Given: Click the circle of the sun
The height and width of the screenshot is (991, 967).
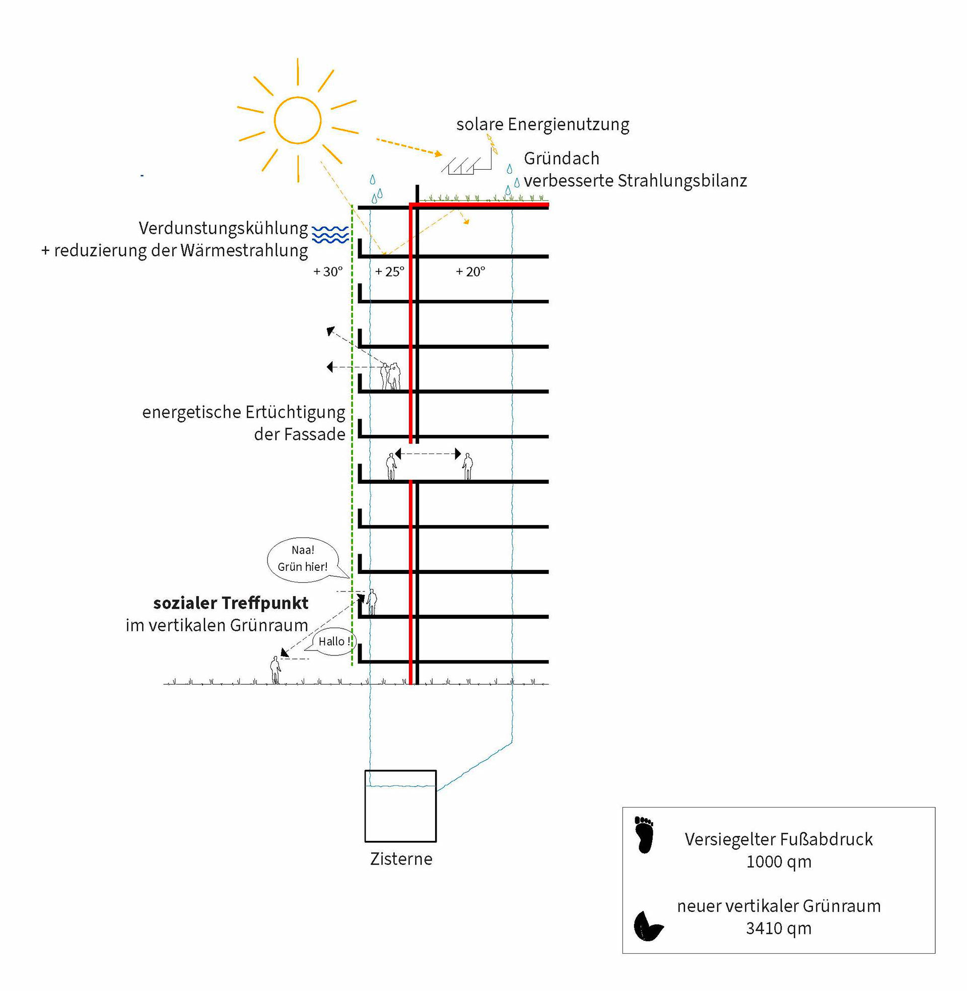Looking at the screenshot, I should coord(298,120).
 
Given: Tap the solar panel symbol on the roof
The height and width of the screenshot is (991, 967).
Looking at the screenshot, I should coord(461,166).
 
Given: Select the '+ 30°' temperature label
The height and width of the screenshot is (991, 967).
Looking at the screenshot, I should coord(328,272).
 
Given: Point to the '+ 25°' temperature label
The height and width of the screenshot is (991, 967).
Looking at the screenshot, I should coord(389,272).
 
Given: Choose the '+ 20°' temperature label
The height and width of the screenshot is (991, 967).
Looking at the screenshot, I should coord(470,272).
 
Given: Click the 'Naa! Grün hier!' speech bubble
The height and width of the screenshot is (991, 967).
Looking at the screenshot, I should coord(302,559).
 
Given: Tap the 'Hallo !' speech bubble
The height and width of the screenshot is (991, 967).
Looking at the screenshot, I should coord(333,641).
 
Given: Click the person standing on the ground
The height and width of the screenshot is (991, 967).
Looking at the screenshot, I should coord(275,670).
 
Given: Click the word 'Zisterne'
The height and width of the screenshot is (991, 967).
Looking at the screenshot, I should coord(401,859).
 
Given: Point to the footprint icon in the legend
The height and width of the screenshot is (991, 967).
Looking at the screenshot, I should coord(645,835).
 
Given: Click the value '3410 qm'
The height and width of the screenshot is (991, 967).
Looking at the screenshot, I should coord(779,928).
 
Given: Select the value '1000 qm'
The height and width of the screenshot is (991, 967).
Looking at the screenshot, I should coord(779,862).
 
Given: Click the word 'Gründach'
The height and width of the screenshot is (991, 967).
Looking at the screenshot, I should coord(562,159).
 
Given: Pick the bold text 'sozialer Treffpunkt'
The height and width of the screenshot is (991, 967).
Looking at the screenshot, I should coord(231,603).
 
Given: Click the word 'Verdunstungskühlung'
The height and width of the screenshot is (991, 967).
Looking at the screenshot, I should coord(224,228).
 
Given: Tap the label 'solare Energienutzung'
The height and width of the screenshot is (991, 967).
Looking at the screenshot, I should coord(542,124).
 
